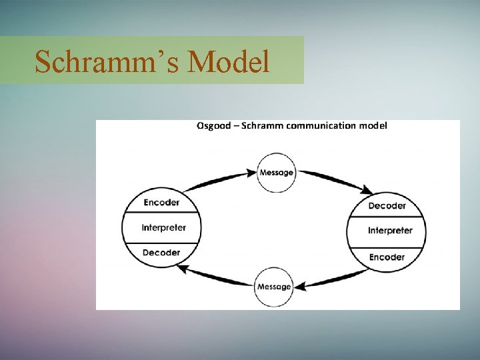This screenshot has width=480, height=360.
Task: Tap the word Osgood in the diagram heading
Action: pyautogui.click(x=214, y=125)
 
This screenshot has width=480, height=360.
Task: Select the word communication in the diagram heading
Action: pyautogui.click(x=322, y=125)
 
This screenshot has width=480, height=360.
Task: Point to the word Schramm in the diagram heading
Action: pyautogui.click(x=262, y=125)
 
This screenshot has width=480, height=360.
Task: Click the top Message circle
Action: pyautogui.click(x=276, y=172)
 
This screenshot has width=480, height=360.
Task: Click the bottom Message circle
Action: pyautogui.click(x=274, y=287)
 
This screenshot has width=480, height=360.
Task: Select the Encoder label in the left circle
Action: pyautogui.click(x=161, y=203)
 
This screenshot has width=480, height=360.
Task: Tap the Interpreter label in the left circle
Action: pyautogui.click(x=163, y=227)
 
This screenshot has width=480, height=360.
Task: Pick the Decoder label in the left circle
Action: pyautogui.click(x=161, y=253)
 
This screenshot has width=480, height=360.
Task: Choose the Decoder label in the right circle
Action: pyautogui.click(x=387, y=206)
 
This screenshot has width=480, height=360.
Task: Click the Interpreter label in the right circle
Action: pyautogui.click(x=390, y=231)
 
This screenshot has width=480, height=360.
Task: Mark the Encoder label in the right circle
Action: pyautogui.click(x=387, y=257)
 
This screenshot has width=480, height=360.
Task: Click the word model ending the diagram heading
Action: pyautogui.click(x=373, y=125)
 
